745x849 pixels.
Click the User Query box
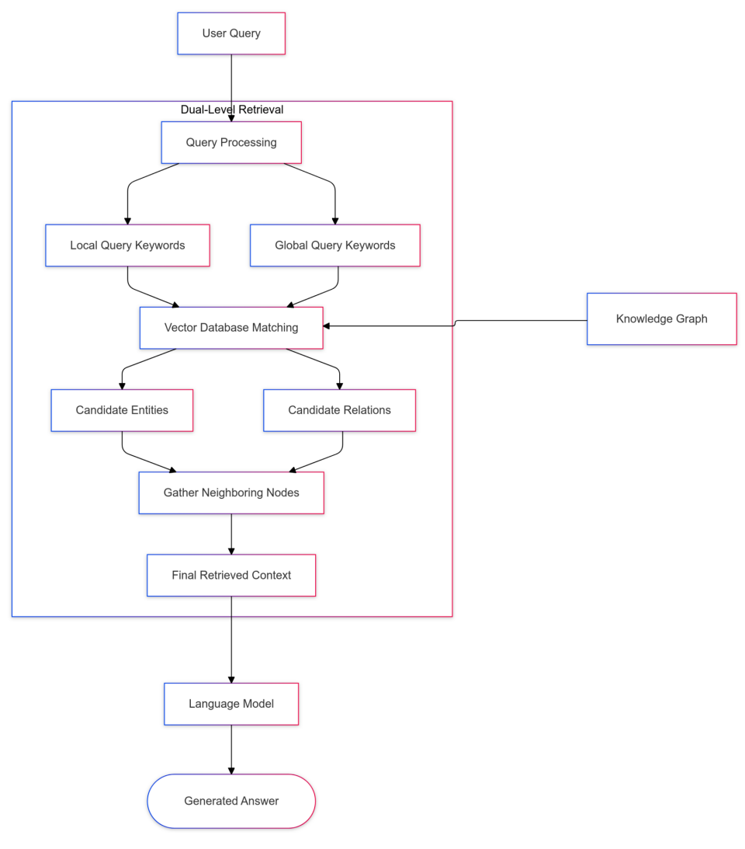pyautogui.click(x=231, y=33)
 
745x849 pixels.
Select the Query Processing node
pyautogui.click(x=231, y=142)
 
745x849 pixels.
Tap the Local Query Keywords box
pyautogui.click(x=127, y=245)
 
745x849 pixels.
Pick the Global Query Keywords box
pyautogui.click(x=334, y=245)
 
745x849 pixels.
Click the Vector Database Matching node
pyautogui.click(x=231, y=328)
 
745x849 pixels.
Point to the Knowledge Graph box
pyautogui.click(x=661, y=318)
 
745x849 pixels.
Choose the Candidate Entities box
pyautogui.click(x=122, y=410)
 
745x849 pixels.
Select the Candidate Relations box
pyautogui.click(x=339, y=410)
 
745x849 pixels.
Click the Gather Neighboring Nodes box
pyautogui.click(x=231, y=492)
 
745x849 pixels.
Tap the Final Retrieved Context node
pyautogui.click(x=231, y=575)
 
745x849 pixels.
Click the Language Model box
pyautogui.click(x=231, y=704)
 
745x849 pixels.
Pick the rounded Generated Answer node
pyautogui.click(x=231, y=801)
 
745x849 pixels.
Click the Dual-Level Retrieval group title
pyautogui.click(x=232, y=110)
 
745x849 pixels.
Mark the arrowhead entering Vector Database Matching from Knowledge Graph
pyautogui.click(x=327, y=326)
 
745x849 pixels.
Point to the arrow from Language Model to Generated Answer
pyautogui.click(x=231, y=749)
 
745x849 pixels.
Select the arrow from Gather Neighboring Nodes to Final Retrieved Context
pyautogui.click(x=231, y=534)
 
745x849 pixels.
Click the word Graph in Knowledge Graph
pyautogui.click(x=691, y=318)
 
